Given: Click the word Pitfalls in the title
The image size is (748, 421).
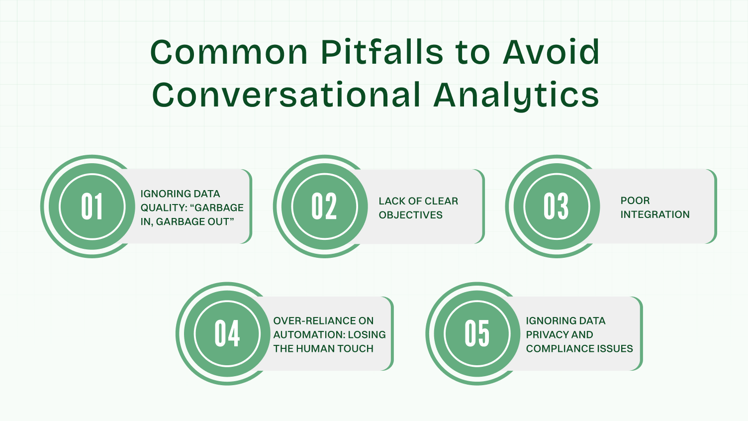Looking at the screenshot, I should click(x=381, y=52).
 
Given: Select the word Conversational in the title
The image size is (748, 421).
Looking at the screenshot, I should click(x=286, y=95).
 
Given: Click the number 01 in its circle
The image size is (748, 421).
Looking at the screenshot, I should click(x=92, y=207).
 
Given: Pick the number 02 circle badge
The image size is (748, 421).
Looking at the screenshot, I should click(x=324, y=207).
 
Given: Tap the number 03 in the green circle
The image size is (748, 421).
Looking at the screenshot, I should click(x=557, y=207).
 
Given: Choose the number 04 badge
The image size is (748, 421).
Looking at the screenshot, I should click(x=227, y=334).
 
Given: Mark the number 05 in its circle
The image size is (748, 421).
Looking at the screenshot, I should click(x=477, y=334).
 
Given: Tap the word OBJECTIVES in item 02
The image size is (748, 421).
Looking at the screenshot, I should click(x=410, y=215).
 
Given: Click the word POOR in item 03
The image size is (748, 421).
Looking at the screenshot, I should click(x=635, y=201).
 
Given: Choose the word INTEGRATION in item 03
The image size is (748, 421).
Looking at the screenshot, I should click(x=655, y=214).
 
